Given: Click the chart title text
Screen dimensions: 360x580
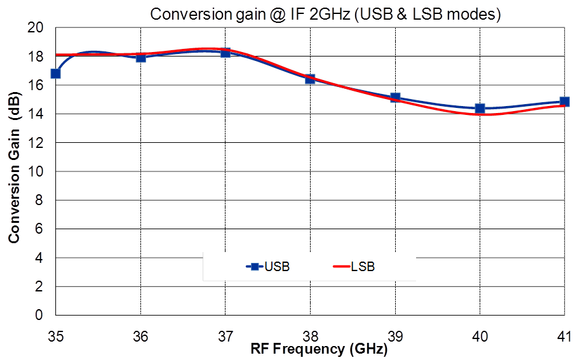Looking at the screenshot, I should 325,15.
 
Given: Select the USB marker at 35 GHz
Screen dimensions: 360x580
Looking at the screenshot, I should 56,74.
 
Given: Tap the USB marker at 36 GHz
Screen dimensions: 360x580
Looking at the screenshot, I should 140,57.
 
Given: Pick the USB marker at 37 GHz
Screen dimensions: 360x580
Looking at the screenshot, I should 226,53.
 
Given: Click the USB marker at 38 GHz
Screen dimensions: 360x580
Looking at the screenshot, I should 310,79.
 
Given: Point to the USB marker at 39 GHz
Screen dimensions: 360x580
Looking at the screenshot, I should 395,98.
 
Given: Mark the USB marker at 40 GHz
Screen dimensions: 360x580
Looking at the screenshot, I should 480,109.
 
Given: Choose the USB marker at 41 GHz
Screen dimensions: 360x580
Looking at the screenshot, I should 564,102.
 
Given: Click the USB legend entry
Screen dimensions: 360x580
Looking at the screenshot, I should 268,267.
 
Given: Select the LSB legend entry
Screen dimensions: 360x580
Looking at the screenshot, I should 354,267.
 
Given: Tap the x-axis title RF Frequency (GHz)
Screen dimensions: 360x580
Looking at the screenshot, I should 318,349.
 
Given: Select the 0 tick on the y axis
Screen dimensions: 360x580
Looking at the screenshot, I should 39,316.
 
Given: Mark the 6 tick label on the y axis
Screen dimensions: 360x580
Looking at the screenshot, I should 39,229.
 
